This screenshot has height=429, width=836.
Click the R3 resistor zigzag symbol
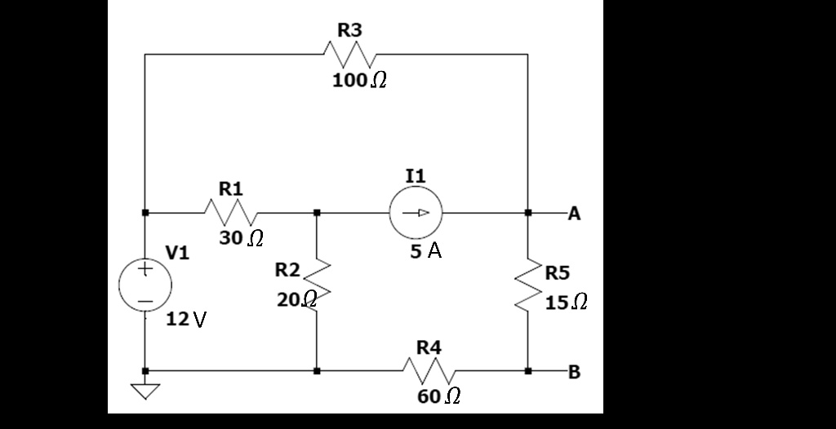pyautogui.click(x=349, y=55)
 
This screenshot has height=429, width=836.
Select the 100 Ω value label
pyautogui.click(x=359, y=82)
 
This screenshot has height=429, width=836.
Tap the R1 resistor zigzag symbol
pyautogui.click(x=231, y=214)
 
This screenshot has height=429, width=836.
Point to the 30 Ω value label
pyautogui.click(x=241, y=239)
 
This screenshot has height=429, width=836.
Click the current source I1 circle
pyautogui.click(x=416, y=213)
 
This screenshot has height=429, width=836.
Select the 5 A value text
pyautogui.click(x=425, y=252)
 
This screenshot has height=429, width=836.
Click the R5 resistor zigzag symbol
pyautogui.click(x=527, y=291)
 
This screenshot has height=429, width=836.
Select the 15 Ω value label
pyautogui.click(x=567, y=303)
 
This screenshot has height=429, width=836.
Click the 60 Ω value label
pyautogui.click(x=438, y=397)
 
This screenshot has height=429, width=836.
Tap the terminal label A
pyautogui.click(x=574, y=214)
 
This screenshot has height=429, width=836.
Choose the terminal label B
pyautogui.click(x=574, y=373)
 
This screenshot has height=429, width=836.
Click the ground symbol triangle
pyautogui.click(x=145, y=392)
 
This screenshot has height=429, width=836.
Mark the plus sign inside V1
pyautogui.click(x=145, y=268)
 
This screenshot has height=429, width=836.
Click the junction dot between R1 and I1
pyautogui.click(x=317, y=213)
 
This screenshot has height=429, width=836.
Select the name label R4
pyautogui.click(x=429, y=347)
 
